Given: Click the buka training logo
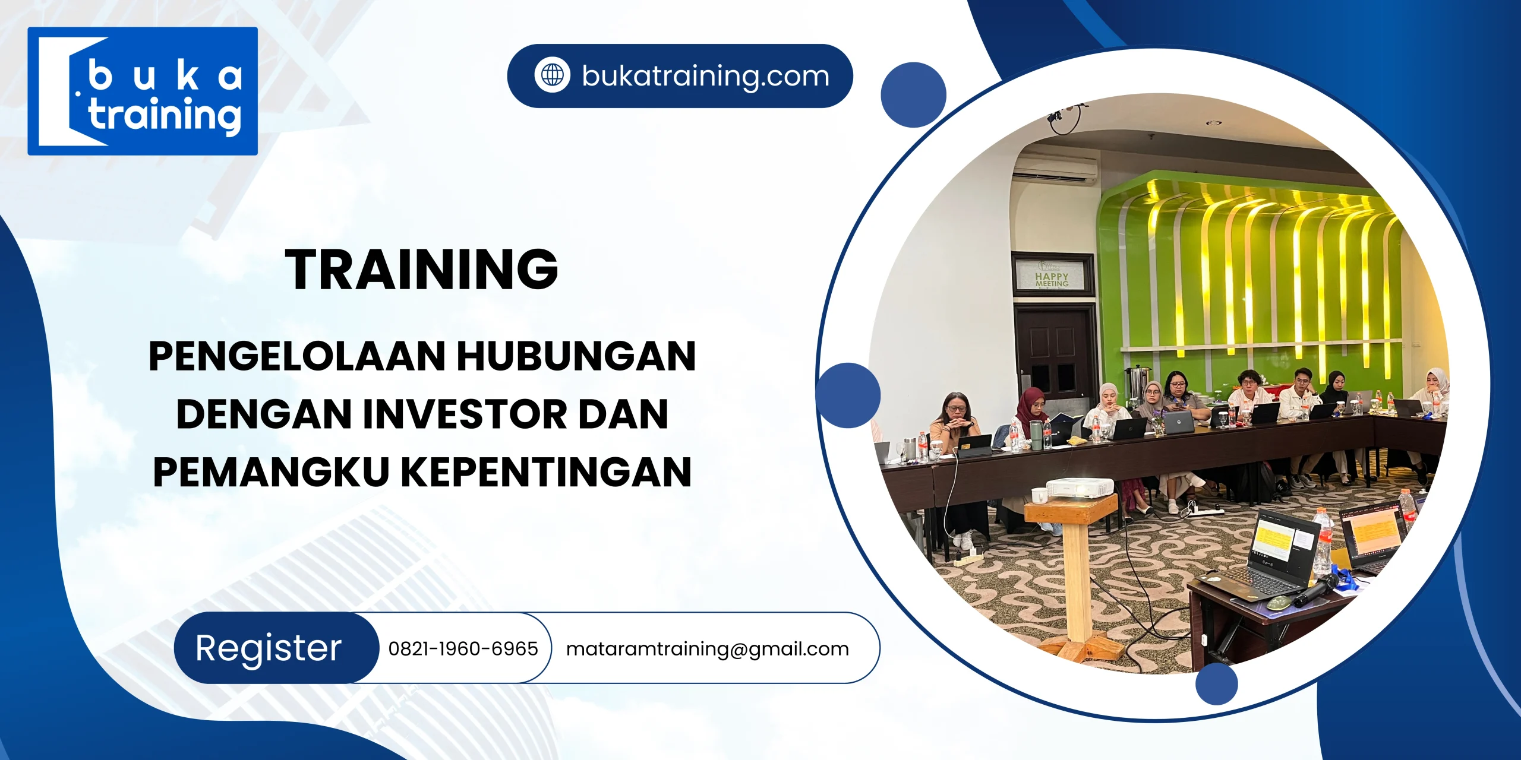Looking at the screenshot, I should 143,91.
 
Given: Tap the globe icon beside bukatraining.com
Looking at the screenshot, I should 552,75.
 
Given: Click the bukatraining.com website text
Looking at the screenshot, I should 705,76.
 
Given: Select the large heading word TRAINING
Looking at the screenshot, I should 422,270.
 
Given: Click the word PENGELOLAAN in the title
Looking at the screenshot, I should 297,356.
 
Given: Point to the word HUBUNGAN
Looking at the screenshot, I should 576,356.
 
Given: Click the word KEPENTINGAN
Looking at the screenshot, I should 547,472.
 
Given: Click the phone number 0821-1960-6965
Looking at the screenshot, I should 463,648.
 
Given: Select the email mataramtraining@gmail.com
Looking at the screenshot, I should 707,648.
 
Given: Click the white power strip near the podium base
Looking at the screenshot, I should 968,558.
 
